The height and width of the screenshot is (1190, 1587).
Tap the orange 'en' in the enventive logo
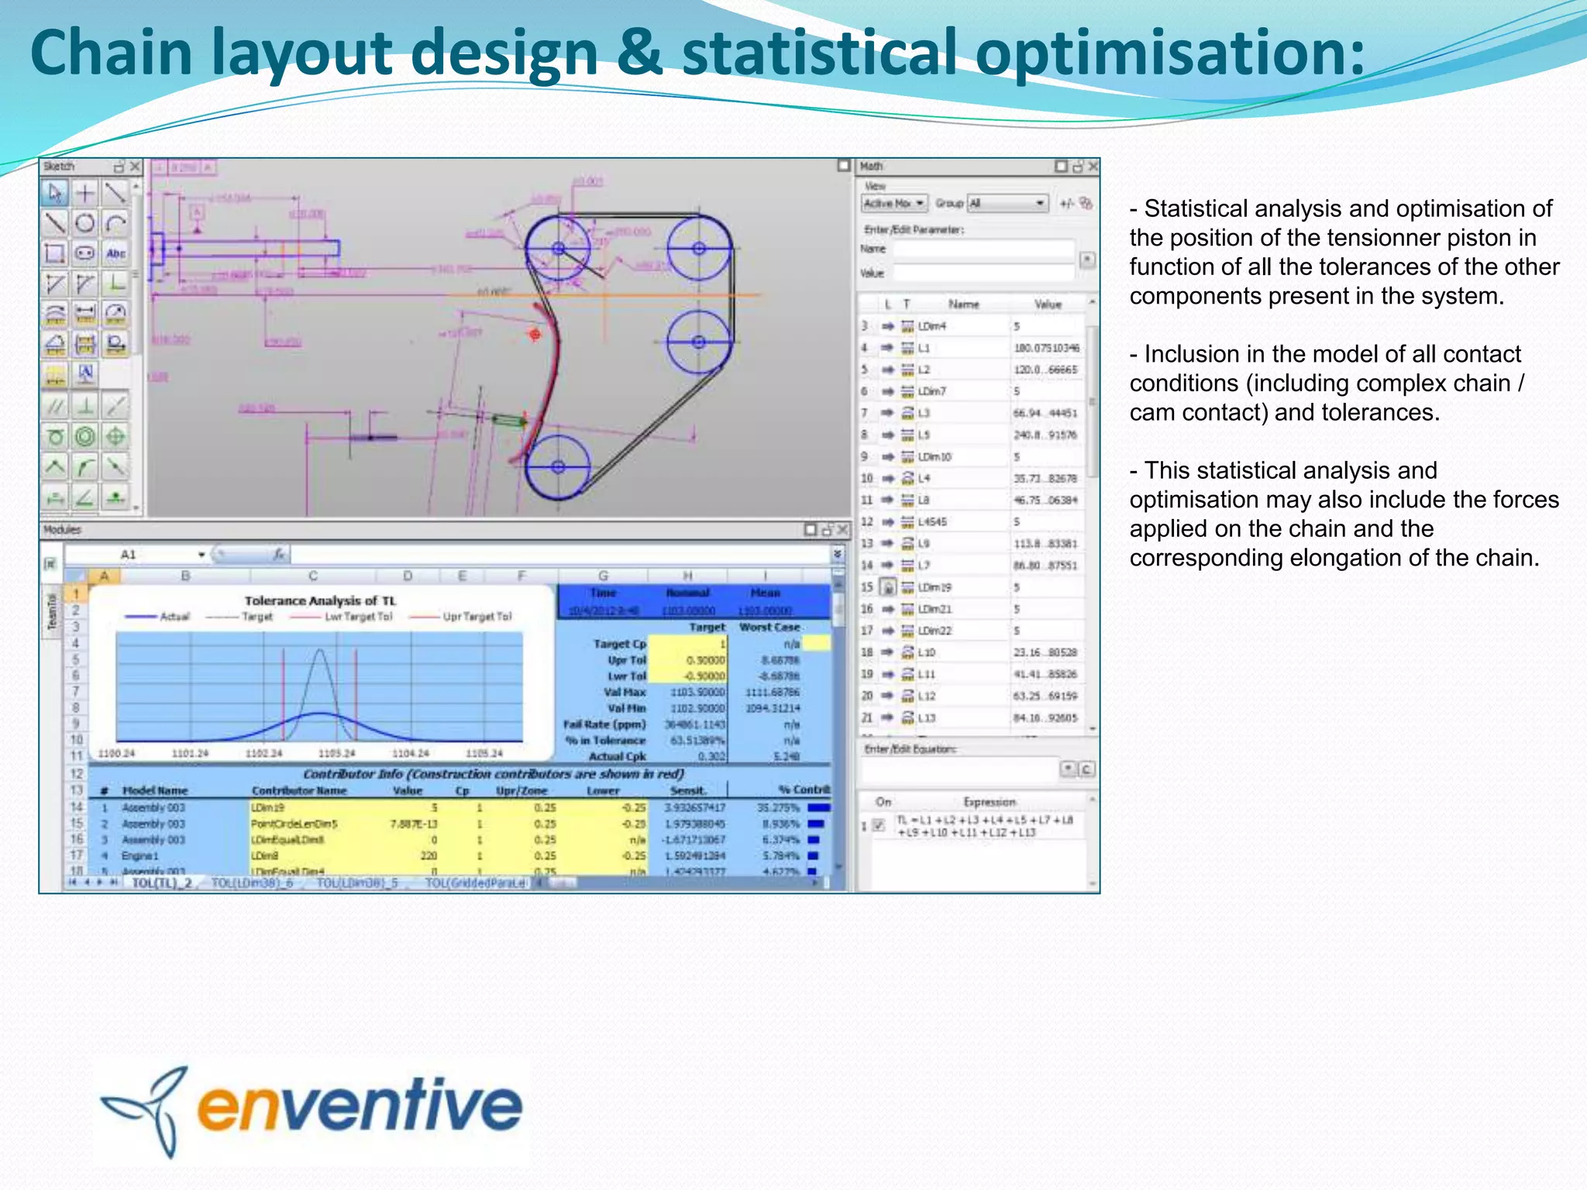[243, 1105]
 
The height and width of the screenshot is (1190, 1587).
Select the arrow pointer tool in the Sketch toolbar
[55, 192]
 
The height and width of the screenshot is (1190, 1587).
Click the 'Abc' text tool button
[115, 253]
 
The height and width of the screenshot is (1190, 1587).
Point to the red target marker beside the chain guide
[535, 334]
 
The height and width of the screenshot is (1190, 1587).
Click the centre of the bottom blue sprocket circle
[558, 466]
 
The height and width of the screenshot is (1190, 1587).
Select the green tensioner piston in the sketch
[509, 421]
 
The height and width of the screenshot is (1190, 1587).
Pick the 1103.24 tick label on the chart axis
[336, 753]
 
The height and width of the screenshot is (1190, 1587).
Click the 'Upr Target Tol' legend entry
[477, 617]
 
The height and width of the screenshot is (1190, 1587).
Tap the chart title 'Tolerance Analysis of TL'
[320, 600]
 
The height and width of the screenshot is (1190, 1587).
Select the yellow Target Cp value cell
[687, 644]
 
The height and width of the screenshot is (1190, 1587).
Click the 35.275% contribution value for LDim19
[778, 807]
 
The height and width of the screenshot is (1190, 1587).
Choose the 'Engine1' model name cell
[140, 855]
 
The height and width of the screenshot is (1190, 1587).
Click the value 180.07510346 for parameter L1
[1046, 348]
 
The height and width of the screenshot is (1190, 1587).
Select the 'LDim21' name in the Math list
[935, 609]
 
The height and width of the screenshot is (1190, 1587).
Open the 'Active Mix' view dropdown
[894, 203]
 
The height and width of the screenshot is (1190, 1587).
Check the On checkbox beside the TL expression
[878, 825]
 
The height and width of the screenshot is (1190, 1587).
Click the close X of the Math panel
[1093, 167]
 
